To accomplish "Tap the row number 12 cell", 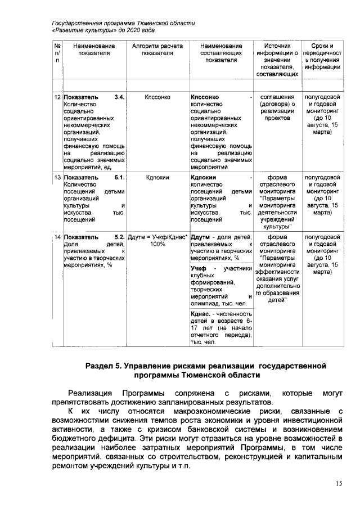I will (x=57, y=97).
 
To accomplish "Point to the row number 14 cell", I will (x=57, y=237).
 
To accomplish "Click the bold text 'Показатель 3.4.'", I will (x=93, y=97).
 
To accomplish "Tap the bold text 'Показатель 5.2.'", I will (x=93, y=237).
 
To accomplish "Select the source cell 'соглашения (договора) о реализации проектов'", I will (x=277, y=107).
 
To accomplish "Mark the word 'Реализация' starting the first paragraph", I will (x=88, y=392).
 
